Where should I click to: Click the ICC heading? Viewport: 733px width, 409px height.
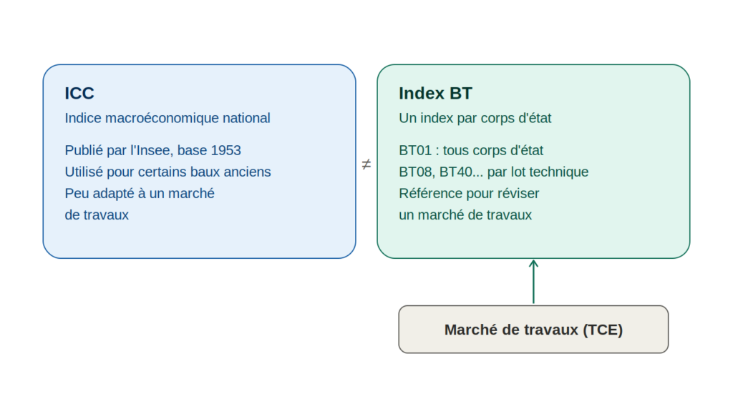pyautogui.click(x=79, y=94)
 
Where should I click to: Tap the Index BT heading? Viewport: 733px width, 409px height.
pyautogui.click(x=435, y=94)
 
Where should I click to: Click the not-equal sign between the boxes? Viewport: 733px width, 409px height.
pyautogui.click(x=366, y=164)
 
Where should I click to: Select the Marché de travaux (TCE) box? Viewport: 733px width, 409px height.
pyautogui.click(x=533, y=330)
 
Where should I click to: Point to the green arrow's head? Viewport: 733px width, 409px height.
pyautogui.click(x=533, y=263)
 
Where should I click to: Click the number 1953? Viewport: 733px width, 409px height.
pyautogui.click(x=225, y=150)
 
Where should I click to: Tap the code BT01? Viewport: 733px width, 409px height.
pyautogui.click(x=415, y=150)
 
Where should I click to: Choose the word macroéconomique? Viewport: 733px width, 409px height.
pyautogui.click(x=162, y=118)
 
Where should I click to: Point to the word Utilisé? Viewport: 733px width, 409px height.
pyautogui.click(x=84, y=172)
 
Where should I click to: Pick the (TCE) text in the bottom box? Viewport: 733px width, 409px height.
pyautogui.click(x=603, y=330)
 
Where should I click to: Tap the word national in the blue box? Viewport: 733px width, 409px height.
pyautogui.click(x=246, y=118)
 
